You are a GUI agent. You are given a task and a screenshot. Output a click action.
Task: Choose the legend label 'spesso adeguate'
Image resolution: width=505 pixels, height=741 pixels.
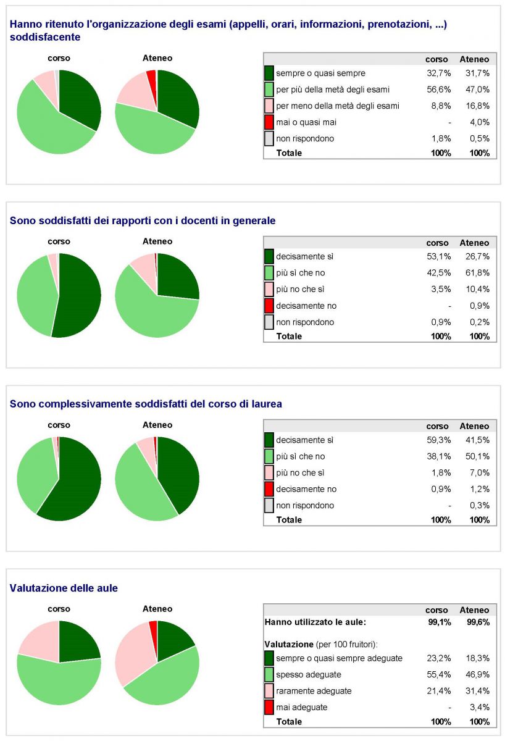pyautogui.click(x=309, y=675)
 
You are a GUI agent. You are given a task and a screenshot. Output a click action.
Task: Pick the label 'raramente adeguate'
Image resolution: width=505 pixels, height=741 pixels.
pyautogui.click(x=314, y=691)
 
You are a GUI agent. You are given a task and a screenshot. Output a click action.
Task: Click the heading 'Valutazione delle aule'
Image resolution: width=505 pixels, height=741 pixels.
pyautogui.click(x=64, y=588)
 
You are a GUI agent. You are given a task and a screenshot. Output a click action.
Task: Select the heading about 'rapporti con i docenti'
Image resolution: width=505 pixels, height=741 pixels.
pyautogui.click(x=143, y=220)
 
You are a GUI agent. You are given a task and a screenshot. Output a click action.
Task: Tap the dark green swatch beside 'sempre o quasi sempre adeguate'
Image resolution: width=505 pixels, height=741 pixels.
pyautogui.click(x=269, y=658)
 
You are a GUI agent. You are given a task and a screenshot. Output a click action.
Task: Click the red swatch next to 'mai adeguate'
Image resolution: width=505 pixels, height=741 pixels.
pyautogui.click(x=269, y=707)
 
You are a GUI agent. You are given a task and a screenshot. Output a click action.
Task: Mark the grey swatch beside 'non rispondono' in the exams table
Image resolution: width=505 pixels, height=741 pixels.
pyautogui.click(x=269, y=138)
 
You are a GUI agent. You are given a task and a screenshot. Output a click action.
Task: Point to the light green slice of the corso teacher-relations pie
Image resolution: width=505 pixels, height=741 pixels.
pyautogui.click(x=34, y=296)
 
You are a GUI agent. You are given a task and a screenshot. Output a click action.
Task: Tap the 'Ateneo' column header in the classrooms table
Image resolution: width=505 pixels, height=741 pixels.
pyautogui.click(x=474, y=609)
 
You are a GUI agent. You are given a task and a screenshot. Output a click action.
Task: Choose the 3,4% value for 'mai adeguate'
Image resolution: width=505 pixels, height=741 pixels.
pyautogui.click(x=479, y=707)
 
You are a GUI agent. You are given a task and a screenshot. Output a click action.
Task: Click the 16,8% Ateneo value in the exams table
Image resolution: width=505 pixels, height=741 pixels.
pyautogui.click(x=479, y=106)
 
